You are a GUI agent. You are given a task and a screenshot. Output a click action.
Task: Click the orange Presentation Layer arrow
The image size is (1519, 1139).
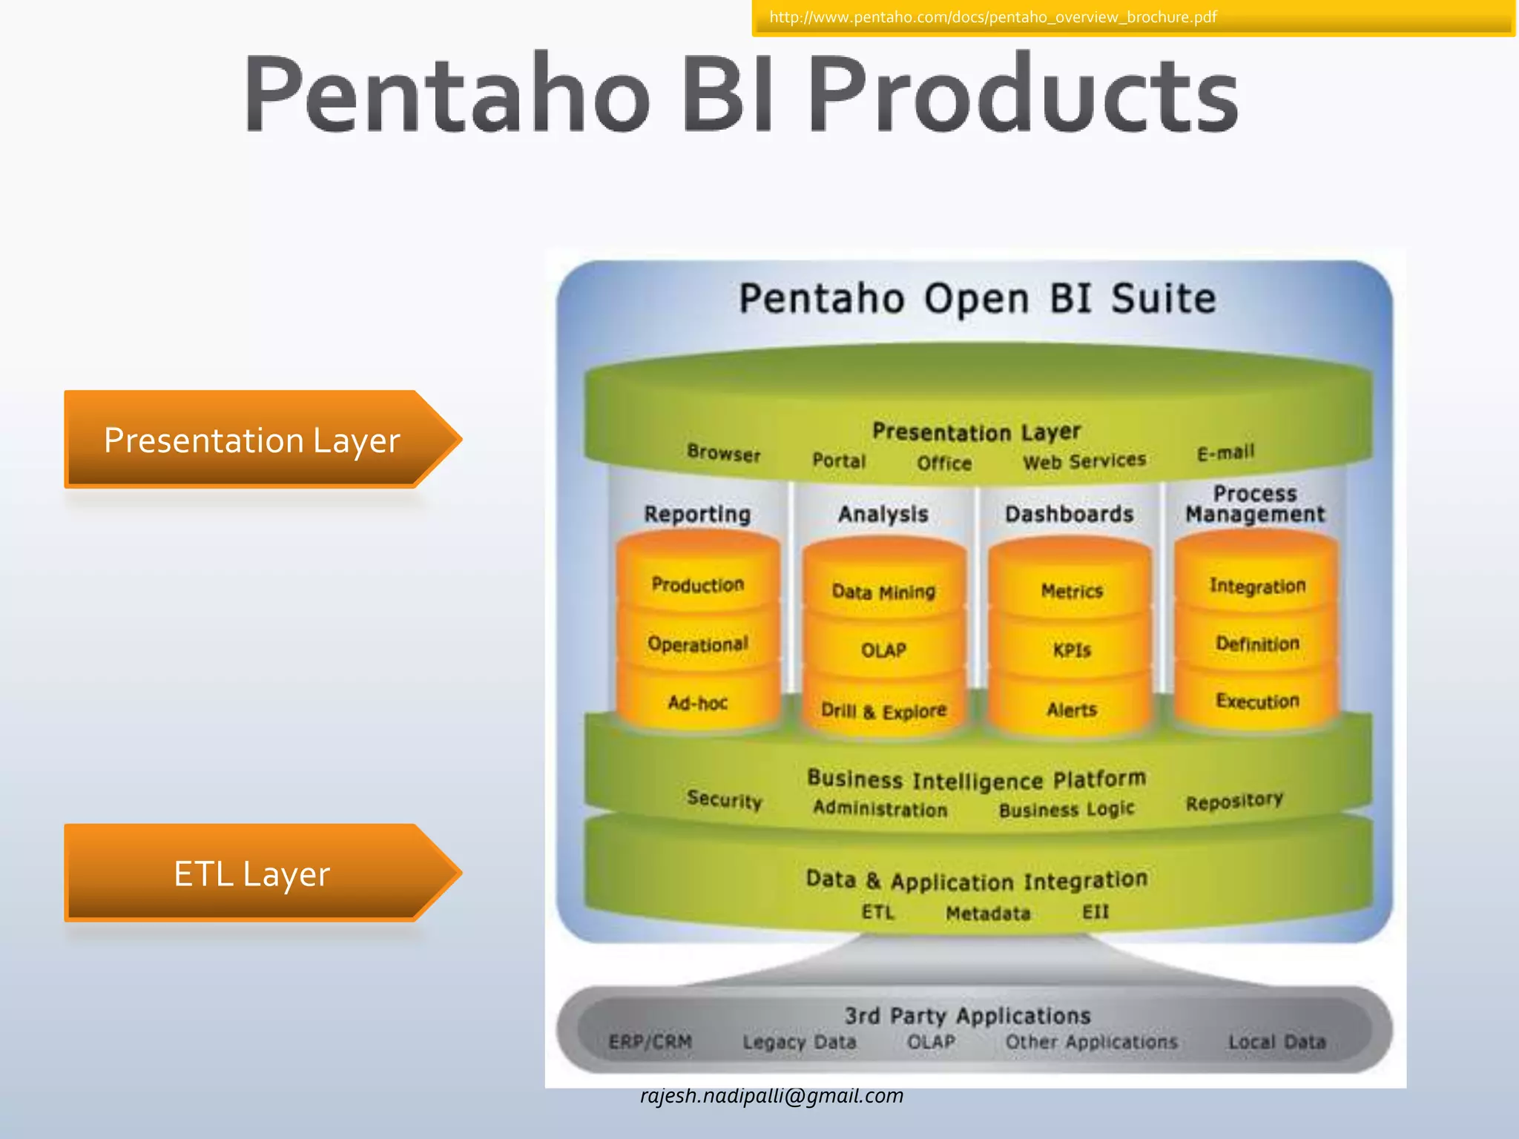[x=252, y=440]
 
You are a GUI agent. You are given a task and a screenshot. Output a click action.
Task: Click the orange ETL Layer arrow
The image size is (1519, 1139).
[x=252, y=874]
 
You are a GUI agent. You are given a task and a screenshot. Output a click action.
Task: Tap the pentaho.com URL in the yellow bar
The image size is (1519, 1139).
[x=992, y=17]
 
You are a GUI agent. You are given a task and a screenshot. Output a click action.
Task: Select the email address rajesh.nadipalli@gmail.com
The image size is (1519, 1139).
[x=771, y=1096]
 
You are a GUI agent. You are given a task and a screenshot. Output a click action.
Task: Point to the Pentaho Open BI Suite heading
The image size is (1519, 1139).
[x=977, y=299]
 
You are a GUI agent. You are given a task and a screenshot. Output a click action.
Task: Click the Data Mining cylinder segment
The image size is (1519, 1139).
[x=883, y=592]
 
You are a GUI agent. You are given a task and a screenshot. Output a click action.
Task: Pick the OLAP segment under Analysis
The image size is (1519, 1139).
[x=883, y=650]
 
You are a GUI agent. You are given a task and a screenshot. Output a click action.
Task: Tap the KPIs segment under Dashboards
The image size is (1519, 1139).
[x=1072, y=650]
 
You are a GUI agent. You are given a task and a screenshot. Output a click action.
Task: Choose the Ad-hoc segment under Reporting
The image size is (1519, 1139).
[x=697, y=702]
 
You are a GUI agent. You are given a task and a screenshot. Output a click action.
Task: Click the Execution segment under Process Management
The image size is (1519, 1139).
[x=1257, y=701]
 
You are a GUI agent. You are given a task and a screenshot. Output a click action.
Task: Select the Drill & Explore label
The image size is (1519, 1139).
[x=883, y=711]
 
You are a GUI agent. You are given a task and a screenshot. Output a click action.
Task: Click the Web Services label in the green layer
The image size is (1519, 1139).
[x=1084, y=461]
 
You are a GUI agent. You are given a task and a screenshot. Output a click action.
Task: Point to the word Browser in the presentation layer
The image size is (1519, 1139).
[x=723, y=452]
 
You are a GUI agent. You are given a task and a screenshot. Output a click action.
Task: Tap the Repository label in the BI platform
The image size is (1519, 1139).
[x=1233, y=802]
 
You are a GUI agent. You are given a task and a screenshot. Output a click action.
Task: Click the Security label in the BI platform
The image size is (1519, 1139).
[x=724, y=799]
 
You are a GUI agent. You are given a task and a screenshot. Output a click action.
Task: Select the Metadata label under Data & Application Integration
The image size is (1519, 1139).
[x=988, y=914]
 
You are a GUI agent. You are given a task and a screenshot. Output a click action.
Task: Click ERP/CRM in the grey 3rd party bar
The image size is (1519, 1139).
[x=650, y=1042]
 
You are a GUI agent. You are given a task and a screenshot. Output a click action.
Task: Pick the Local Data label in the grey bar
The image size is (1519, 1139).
[x=1276, y=1042]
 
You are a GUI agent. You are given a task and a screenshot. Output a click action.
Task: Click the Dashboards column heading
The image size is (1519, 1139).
[x=1069, y=514]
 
